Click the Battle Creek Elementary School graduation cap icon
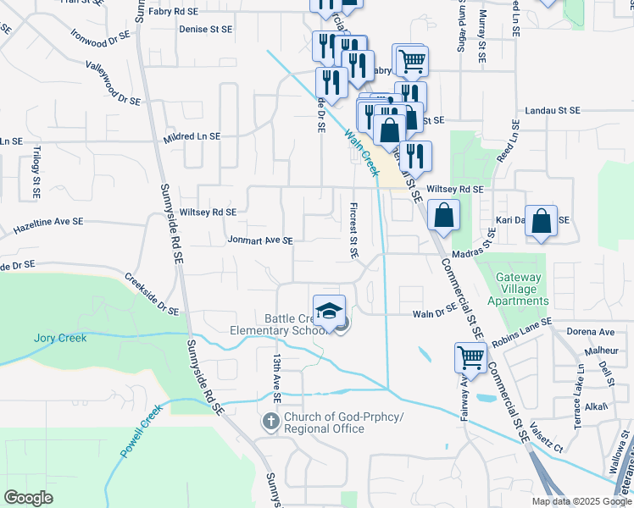[330, 311]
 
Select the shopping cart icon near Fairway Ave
[470, 357]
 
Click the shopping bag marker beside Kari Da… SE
[541, 222]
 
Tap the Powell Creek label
[141, 432]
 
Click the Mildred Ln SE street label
[192, 136]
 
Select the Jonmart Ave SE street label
[259, 240]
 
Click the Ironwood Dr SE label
[99, 38]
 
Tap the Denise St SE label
[205, 29]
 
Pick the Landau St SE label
[552, 111]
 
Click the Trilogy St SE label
[36, 172]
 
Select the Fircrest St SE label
[353, 229]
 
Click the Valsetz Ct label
[548, 439]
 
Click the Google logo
[29, 498]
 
